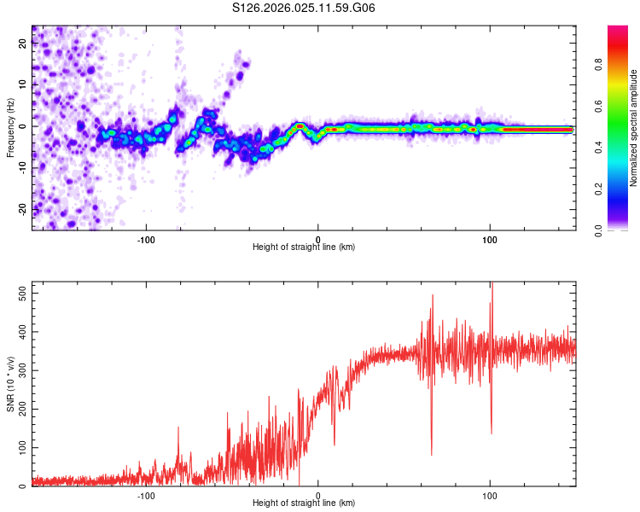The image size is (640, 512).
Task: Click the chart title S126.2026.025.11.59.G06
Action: (304, 8)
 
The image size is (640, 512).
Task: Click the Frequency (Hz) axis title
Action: (10, 128)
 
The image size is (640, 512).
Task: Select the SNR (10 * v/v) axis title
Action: (10, 384)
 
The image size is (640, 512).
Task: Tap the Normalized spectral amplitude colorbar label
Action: (633, 128)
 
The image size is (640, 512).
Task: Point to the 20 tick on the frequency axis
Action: (23, 45)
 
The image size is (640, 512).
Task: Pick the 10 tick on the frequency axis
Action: (23, 85)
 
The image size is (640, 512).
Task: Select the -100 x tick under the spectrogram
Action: (146, 238)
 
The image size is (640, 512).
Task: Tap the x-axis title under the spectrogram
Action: (304, 247)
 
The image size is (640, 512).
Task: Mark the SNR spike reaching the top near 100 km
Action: (492, 285)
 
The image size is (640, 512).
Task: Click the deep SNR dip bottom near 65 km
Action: (431, 454)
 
